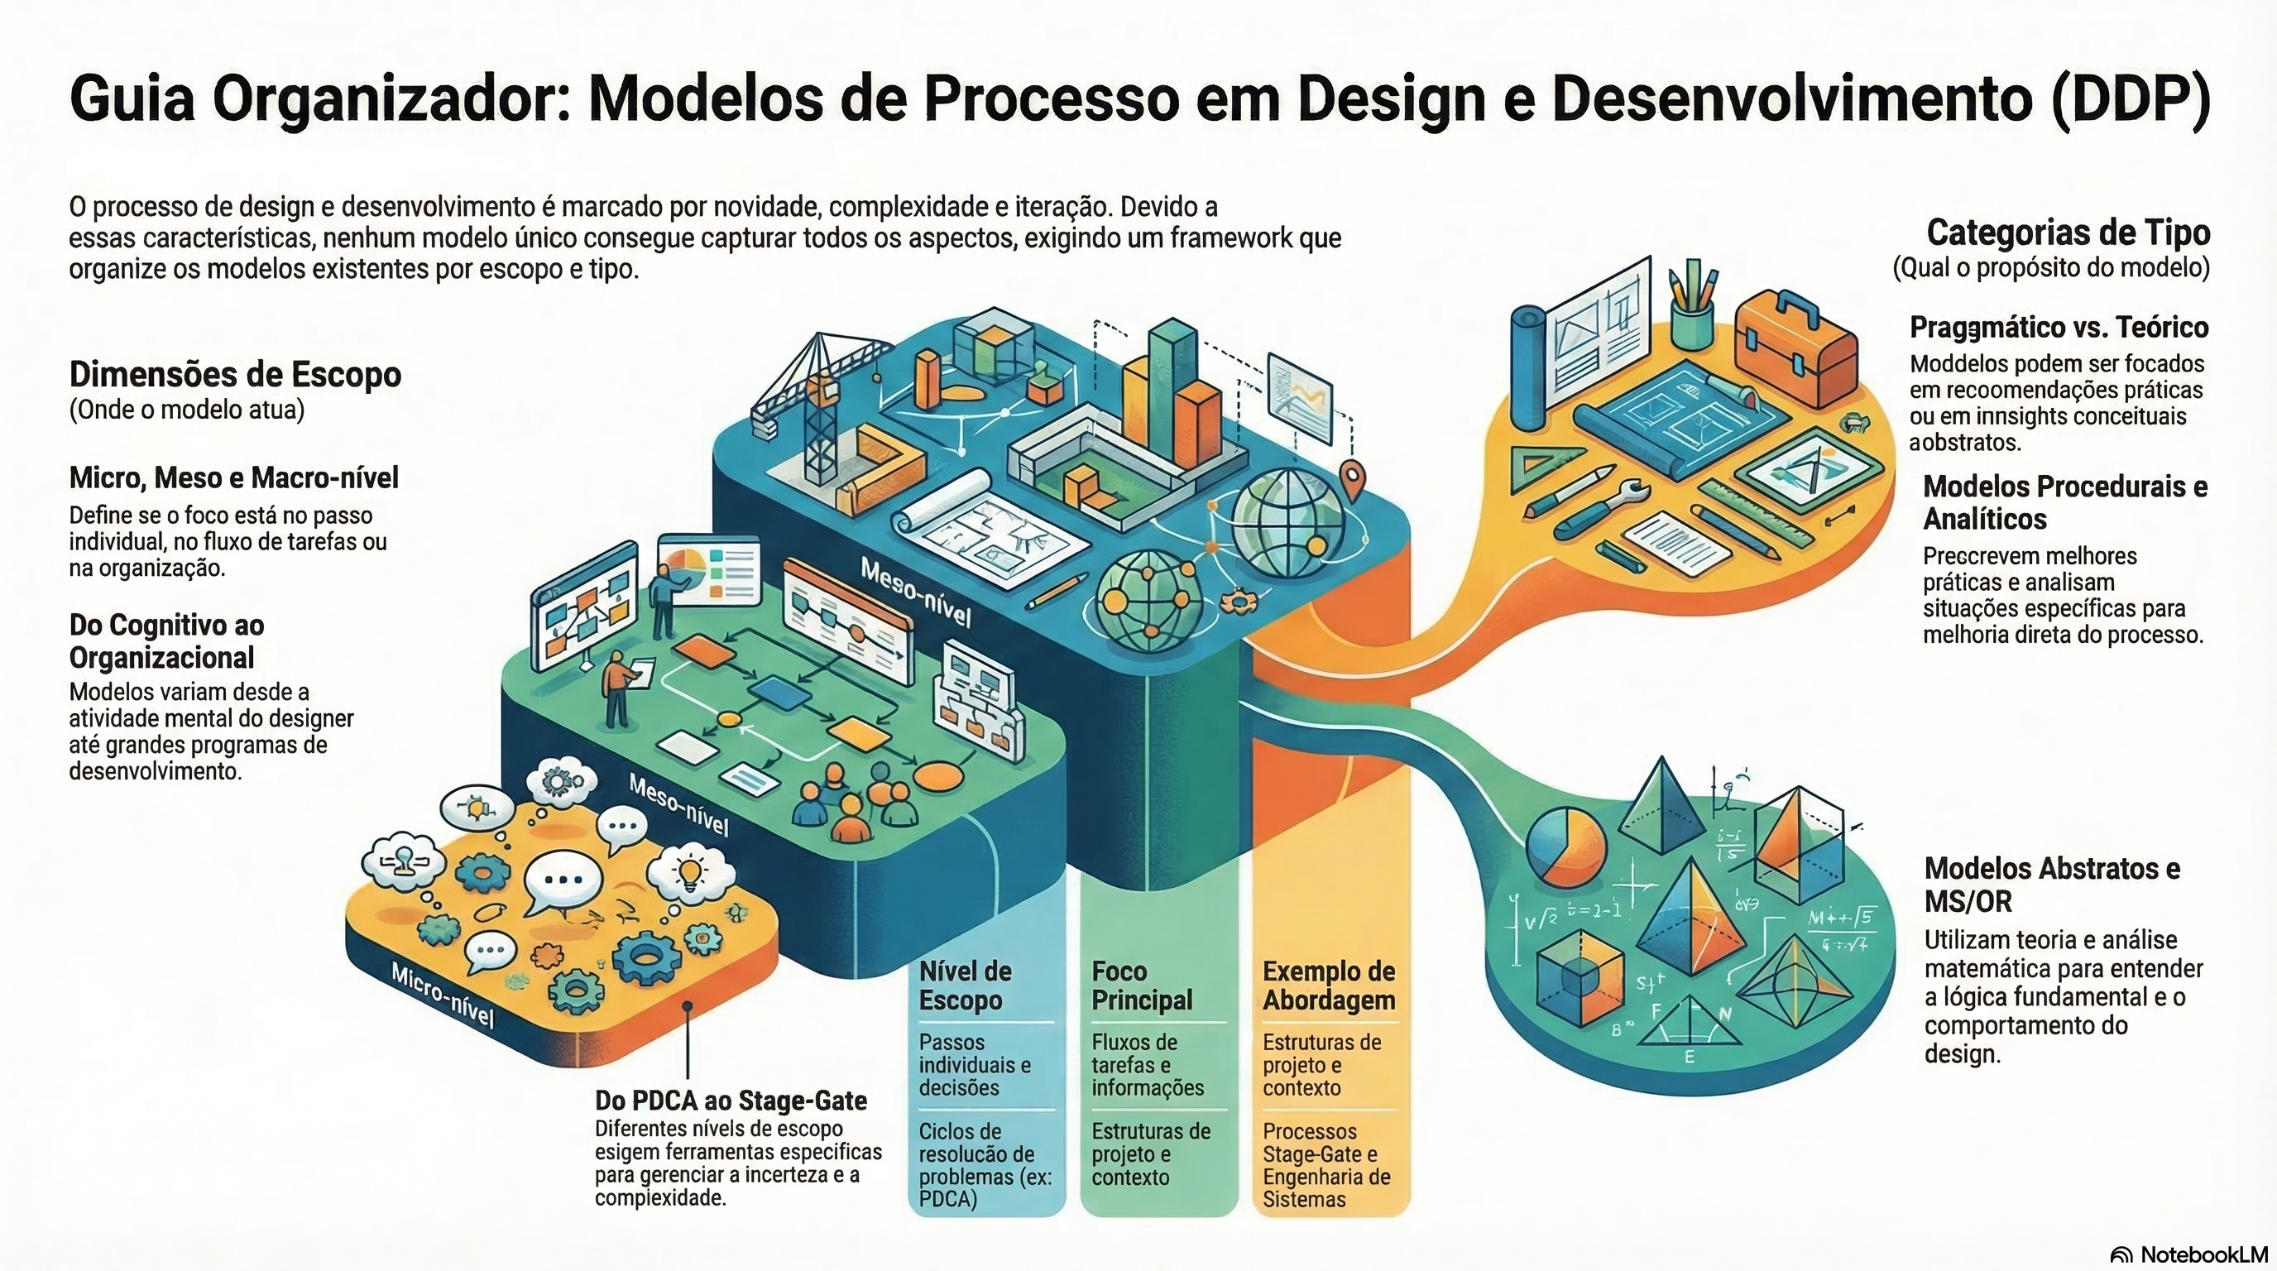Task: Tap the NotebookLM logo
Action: coord(2188,1254)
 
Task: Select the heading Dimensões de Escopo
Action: coord(235,375)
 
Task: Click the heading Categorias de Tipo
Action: coord(2068,233)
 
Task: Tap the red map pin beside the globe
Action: coord(1353,481)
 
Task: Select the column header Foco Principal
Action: coord(1141,986)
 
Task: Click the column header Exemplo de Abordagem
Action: coord(1329,986)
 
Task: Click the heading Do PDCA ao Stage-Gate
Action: coord(730,1101)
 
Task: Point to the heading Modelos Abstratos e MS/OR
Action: coord(2052,885)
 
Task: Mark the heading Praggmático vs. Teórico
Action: coord(2059,327)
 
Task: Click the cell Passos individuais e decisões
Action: coord(974,1065)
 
